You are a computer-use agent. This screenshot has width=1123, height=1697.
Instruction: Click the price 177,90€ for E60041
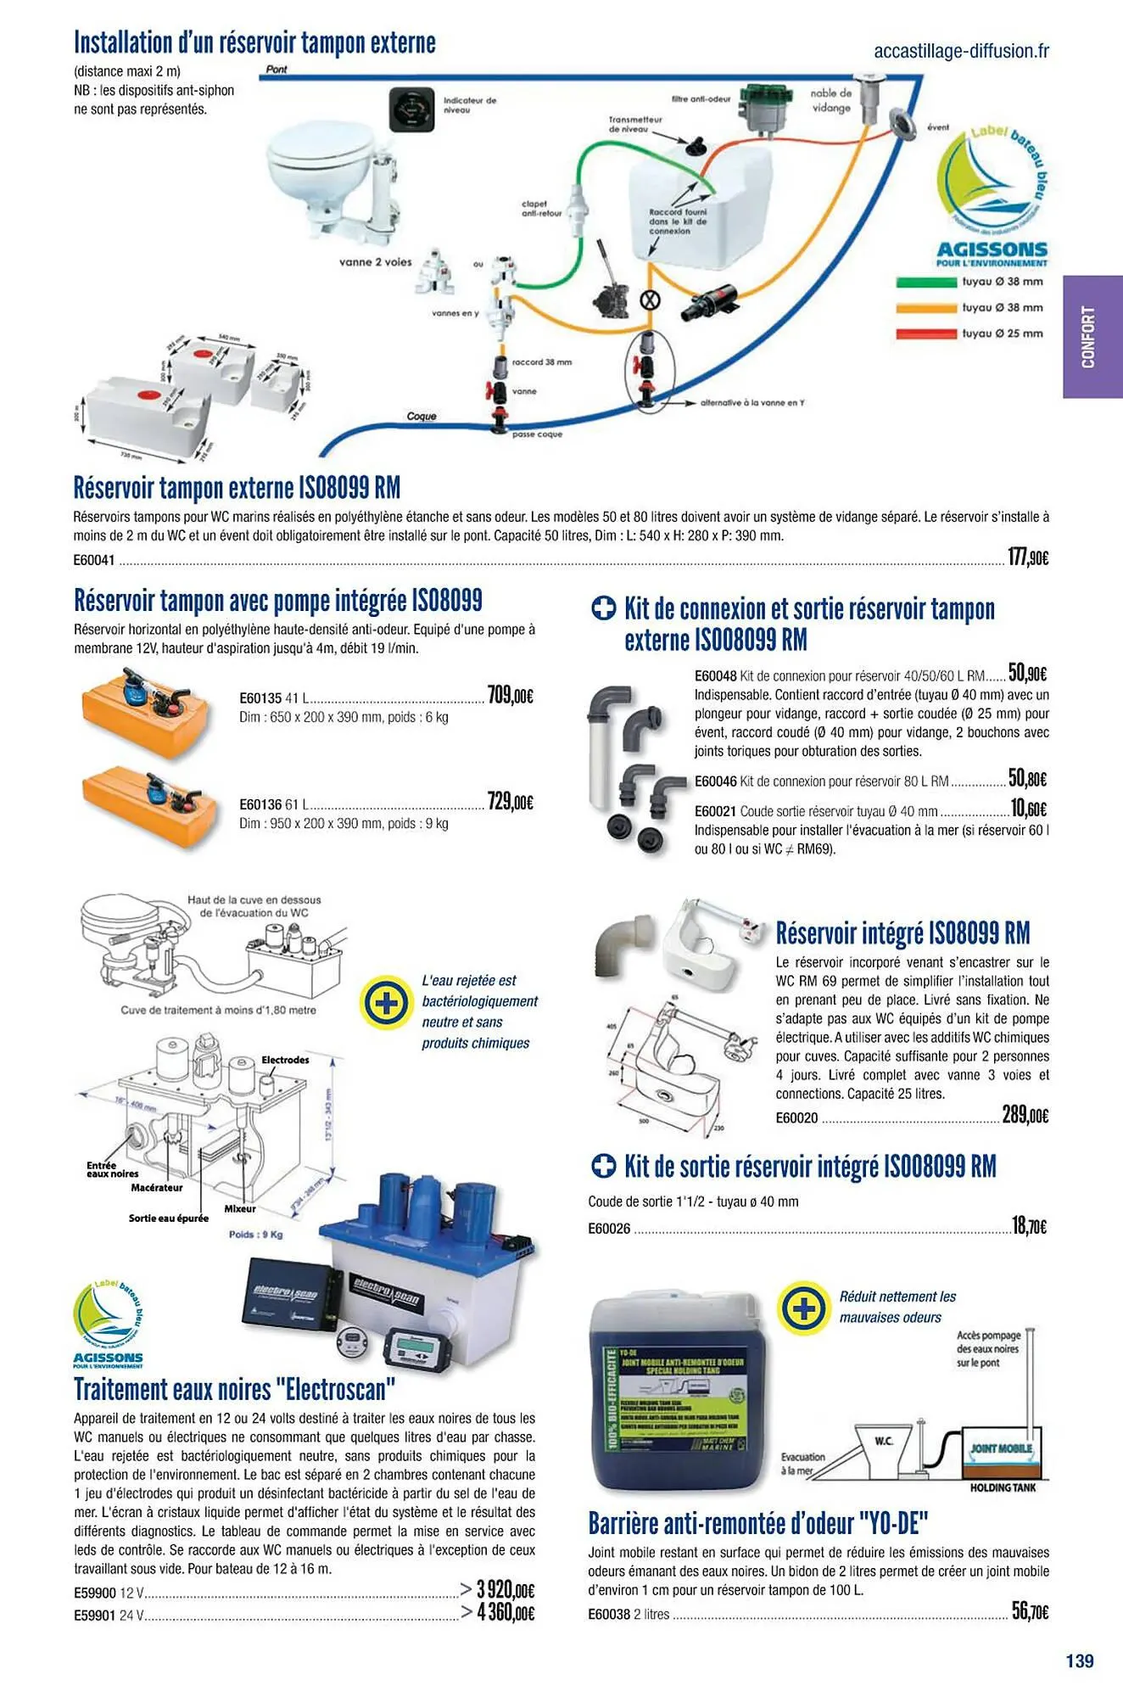1027,557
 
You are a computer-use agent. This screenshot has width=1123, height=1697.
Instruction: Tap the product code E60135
260,698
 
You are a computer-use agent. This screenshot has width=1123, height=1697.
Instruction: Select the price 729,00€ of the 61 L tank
510,802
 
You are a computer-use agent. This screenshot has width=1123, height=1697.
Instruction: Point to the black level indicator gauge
410,109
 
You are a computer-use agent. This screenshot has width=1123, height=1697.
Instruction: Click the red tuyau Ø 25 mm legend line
926,334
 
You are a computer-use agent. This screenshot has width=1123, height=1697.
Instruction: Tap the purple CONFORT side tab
1091,337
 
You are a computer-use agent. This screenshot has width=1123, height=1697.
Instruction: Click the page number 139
1079,1661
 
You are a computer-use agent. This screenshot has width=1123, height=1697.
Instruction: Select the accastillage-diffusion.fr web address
961,51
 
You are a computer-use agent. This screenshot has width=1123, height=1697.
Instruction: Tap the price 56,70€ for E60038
1029,1611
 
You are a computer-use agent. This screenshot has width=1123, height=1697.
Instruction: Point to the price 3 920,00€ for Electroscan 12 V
504,1589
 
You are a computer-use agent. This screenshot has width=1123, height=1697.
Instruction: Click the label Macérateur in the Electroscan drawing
156,1188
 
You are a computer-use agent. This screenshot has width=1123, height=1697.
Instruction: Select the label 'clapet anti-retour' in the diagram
541,209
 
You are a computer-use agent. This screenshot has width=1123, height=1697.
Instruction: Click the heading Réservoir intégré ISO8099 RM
902,933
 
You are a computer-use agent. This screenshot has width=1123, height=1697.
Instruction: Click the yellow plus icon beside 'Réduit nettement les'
803,1308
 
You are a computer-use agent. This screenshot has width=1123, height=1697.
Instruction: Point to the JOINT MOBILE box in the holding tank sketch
1002,1448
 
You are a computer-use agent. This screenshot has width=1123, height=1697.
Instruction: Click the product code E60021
715,811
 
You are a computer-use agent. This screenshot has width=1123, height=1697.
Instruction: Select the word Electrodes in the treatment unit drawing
285,1060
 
